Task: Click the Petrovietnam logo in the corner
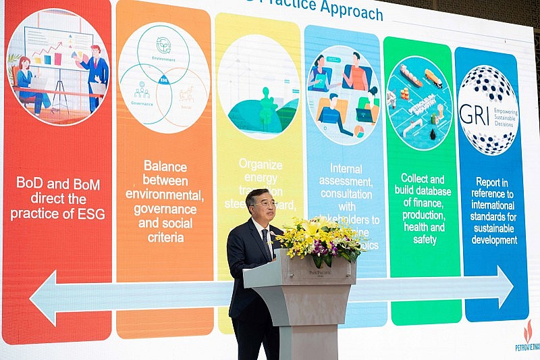pos(526,335)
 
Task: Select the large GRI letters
pos(474,114)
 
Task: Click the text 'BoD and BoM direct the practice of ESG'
pos(58,198)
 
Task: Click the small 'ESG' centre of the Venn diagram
pos(163,79)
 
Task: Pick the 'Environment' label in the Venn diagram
pos(163,59)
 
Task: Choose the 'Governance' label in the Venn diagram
pos(142,103)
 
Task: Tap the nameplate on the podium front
pos(319,273)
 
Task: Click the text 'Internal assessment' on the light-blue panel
pos(346,174)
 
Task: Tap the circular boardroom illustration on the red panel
pos(57,66)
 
